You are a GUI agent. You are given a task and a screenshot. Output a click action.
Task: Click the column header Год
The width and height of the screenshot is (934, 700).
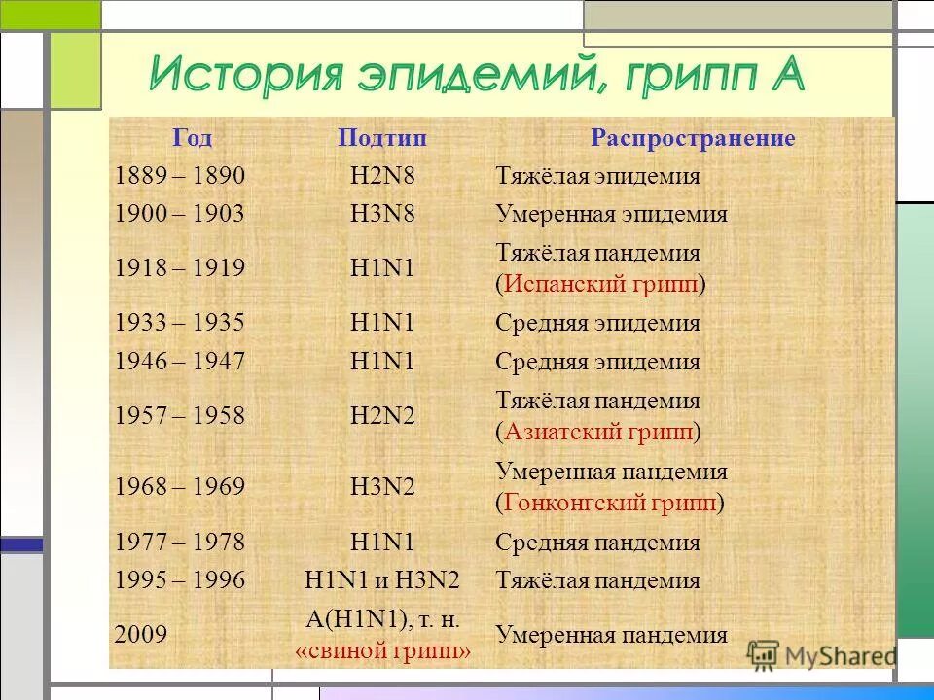point(193,139)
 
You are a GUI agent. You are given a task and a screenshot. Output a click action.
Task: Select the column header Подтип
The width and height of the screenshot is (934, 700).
point(382,139)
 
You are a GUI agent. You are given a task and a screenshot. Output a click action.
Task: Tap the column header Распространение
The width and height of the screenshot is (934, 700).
point(693,139)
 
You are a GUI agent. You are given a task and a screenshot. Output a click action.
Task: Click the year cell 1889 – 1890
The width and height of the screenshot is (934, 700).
point(180,177)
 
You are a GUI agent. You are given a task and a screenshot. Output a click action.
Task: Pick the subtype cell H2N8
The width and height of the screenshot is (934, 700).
point(382,177)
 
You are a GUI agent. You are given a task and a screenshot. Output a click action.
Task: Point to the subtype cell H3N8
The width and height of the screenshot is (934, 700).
point(382,214)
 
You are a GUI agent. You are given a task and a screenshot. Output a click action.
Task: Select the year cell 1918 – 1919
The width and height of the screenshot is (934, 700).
point(180,268)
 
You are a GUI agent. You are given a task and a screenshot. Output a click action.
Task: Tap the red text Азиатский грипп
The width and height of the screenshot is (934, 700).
point(597,432)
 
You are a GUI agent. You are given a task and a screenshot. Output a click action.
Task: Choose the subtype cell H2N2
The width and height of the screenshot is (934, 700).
point(382,416)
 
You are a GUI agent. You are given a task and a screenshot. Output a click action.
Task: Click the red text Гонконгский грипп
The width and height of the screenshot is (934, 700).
point(610,504)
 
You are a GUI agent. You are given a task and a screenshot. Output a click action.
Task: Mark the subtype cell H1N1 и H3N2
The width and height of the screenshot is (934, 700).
point(382,581)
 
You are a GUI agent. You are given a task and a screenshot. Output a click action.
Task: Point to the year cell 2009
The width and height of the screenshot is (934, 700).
point(140,636)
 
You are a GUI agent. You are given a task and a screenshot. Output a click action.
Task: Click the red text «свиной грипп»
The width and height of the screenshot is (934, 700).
point(382,651)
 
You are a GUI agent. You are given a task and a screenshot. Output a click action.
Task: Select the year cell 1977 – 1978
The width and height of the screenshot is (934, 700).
point(180,542)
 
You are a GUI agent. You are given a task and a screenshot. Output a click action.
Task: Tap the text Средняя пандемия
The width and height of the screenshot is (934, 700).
point(597,542)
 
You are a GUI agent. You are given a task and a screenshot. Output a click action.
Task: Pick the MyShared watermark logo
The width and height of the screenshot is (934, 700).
point(822,654)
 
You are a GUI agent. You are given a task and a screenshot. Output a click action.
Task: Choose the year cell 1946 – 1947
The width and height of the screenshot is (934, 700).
point(180,362)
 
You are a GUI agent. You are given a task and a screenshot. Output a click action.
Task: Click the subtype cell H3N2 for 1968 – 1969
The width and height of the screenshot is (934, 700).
point(382,487)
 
